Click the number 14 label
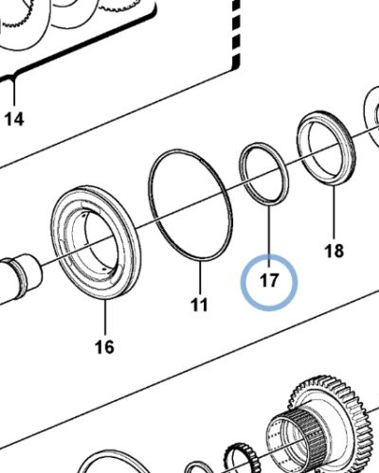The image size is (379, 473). (16, 119)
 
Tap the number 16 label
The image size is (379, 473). (104, 347)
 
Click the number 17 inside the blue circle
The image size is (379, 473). (269, 281)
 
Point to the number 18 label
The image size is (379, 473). (334, 251)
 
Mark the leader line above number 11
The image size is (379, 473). (199, 279)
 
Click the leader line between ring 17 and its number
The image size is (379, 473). (269, 232)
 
